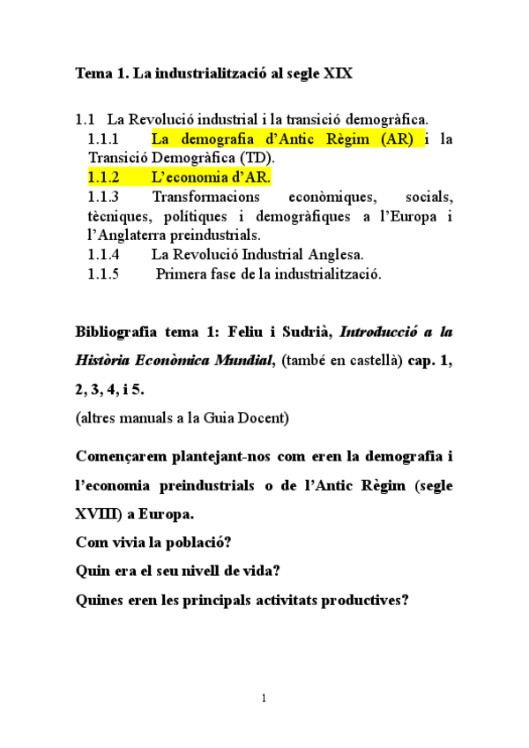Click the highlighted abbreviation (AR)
(x=394, y=138)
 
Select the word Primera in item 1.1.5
(x=183, y=274)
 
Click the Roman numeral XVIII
(x=101, y=513)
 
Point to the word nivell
(x=204, y=571)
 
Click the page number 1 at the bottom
(x=264, y=699)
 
